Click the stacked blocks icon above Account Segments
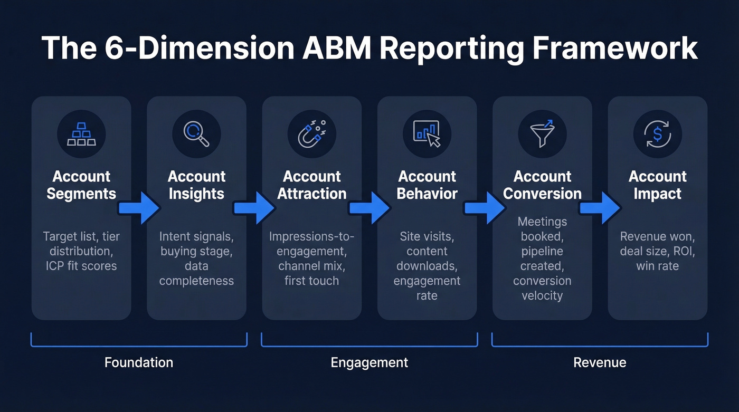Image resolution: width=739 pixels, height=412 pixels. tap(81, 134)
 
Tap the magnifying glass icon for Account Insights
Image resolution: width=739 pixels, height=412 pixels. tap(196, 134)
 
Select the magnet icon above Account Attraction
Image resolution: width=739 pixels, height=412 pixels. tap(311, 134)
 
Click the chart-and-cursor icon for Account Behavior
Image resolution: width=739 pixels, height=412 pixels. tap(427, 134)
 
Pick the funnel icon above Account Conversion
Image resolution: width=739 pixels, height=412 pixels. tap(542, 134)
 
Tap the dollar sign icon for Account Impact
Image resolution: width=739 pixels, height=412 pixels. tap(657, 134)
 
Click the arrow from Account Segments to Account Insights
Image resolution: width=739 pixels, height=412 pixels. tap(139, 208)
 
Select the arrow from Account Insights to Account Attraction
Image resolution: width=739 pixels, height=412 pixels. tap(254, 208)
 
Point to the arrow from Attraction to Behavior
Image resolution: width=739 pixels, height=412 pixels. tap(369, 208)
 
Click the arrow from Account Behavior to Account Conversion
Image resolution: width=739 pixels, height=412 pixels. tap(485, 208)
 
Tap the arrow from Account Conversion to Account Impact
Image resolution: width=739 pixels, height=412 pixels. tap(600, 208)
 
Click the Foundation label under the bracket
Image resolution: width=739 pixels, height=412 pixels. tap(138, 362)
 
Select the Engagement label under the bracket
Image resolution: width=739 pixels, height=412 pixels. tap(369, 362)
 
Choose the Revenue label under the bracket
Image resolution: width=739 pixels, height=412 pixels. tap(600, 362)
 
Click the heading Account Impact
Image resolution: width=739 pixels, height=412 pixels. tap(657, 185)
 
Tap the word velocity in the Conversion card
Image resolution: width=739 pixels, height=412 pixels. tap(542, 295)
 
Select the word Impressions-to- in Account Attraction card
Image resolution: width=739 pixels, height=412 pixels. tap(311, 236)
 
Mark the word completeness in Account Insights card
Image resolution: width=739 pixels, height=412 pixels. tap(196, 281)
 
